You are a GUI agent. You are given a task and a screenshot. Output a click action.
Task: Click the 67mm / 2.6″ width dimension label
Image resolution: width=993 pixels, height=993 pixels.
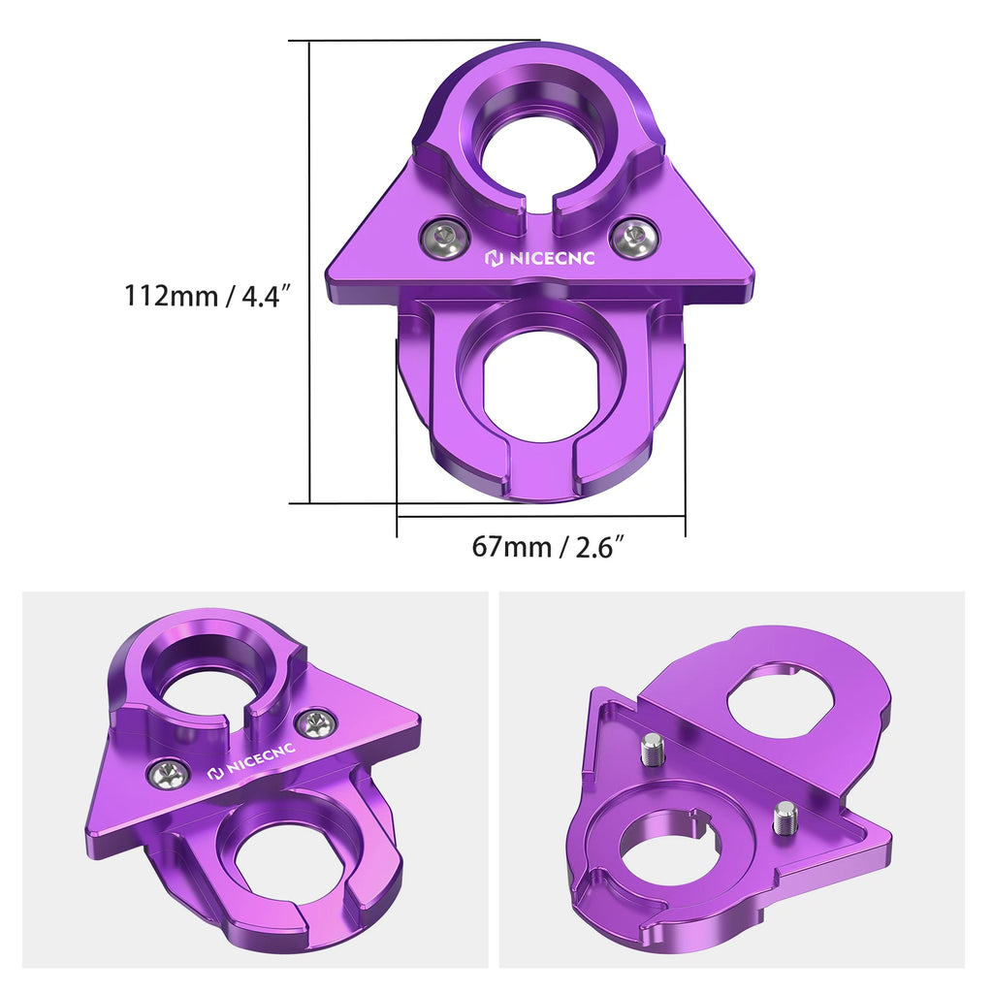546,547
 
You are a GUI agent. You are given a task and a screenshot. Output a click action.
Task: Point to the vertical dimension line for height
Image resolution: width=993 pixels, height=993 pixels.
309,272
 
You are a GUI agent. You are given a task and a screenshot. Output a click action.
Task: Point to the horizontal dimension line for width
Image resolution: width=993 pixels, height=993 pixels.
541,516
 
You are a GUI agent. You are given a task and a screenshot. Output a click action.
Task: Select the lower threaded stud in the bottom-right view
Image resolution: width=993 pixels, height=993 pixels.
785,817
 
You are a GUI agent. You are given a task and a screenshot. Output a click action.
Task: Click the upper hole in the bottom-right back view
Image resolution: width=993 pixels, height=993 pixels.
785,699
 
